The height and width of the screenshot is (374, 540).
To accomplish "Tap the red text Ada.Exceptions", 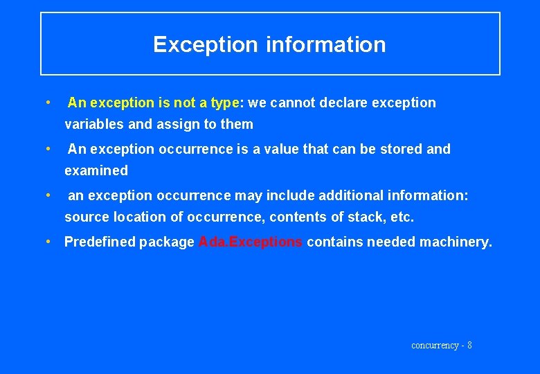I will [x=251, y=242].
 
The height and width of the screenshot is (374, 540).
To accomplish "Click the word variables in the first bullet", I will [x=91, y=125].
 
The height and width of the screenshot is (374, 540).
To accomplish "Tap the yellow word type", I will [x=224, y=103].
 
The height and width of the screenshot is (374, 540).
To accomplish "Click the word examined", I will [x=96, y=170].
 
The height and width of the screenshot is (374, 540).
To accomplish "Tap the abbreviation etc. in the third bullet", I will [x=402, y=217].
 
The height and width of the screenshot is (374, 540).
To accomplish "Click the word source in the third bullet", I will [x=85, y=217].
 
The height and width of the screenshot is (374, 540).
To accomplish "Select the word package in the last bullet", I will [x=167, y=242].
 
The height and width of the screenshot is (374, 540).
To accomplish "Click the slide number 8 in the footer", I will [x=470, y=345].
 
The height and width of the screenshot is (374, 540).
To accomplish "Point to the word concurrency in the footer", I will [x=435, y=345].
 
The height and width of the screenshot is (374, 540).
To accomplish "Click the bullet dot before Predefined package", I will [x=48, y=242].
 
